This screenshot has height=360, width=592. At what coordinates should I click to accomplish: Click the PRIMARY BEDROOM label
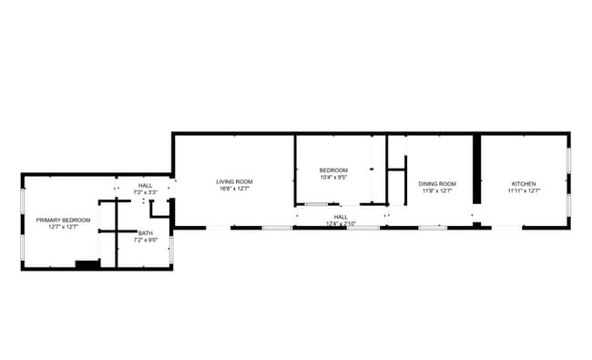63,220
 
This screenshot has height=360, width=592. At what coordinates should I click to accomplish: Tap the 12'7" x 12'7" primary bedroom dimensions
63,227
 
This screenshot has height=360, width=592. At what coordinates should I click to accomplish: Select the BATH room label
146,232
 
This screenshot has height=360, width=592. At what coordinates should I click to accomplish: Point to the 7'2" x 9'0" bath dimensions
146,240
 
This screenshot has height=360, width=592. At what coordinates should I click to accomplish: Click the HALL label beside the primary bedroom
146,186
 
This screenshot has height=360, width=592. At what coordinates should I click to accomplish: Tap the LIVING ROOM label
234,181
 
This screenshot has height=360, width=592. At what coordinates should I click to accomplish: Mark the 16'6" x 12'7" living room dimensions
234,189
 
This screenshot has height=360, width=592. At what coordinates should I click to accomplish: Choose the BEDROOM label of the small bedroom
333,170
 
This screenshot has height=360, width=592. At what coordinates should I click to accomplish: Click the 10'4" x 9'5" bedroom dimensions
333,178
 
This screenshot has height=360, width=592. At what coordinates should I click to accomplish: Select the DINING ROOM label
437,184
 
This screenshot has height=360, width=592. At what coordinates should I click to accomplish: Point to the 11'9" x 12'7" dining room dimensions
437,191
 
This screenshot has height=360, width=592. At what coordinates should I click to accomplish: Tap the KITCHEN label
523,184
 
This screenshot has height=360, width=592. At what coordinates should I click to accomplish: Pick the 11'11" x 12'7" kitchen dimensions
523,191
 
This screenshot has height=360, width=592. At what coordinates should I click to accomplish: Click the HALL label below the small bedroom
341,217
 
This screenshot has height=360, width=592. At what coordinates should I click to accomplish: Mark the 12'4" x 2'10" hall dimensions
341,223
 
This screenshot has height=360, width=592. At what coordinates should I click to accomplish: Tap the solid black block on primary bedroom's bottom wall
87,265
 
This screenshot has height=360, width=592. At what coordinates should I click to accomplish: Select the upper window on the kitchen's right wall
569,159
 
